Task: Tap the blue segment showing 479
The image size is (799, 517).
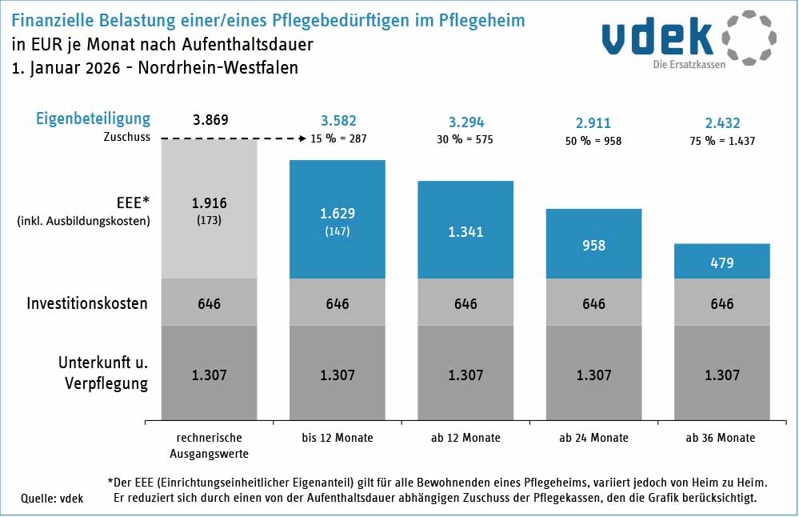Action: tap(721, 261)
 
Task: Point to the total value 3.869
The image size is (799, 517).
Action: tap(211, 121)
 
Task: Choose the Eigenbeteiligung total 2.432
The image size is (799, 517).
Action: tap(721, 123)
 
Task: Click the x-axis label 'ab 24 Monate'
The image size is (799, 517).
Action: tap(593, 438)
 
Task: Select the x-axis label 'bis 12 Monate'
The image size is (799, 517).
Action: tap(338, 438)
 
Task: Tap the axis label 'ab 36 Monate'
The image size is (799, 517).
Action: tap(721, 438)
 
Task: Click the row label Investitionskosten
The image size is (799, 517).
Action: tap(87, 304)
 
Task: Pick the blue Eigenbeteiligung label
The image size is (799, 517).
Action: tap(93, 119)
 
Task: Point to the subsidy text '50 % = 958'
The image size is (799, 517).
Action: tap(593, 140)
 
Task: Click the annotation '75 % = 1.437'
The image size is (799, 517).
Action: tap(721, 140)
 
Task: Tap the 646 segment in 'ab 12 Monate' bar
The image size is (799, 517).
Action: tap(465, 303)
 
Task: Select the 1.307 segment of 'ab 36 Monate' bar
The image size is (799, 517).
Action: tap(721, 374)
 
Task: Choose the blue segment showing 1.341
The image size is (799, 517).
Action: tap(465, 232)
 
